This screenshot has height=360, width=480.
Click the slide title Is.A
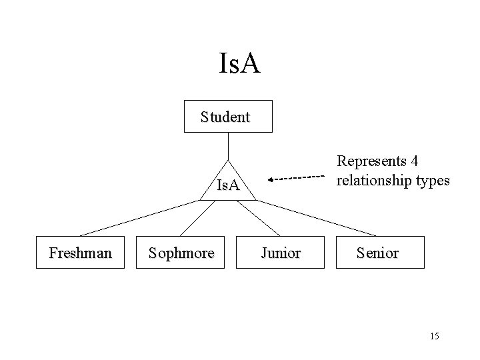pos(239,64)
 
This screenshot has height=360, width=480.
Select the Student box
pos(228,117)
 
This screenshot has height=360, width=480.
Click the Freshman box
pos(80,253)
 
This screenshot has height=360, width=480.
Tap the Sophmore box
pos(181,253)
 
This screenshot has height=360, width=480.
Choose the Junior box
pos(280,253)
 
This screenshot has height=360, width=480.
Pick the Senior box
pos(379,253)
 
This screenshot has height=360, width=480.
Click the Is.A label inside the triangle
pos(229,185)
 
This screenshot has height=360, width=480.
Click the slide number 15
pos(435,335)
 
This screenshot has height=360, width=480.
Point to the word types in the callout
pos(433,180)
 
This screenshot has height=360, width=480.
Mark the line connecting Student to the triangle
pos(228,146)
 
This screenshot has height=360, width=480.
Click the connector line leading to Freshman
pos(140,218)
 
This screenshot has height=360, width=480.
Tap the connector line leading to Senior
pos(317,218)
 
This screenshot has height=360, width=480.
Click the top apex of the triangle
pos(228,161)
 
